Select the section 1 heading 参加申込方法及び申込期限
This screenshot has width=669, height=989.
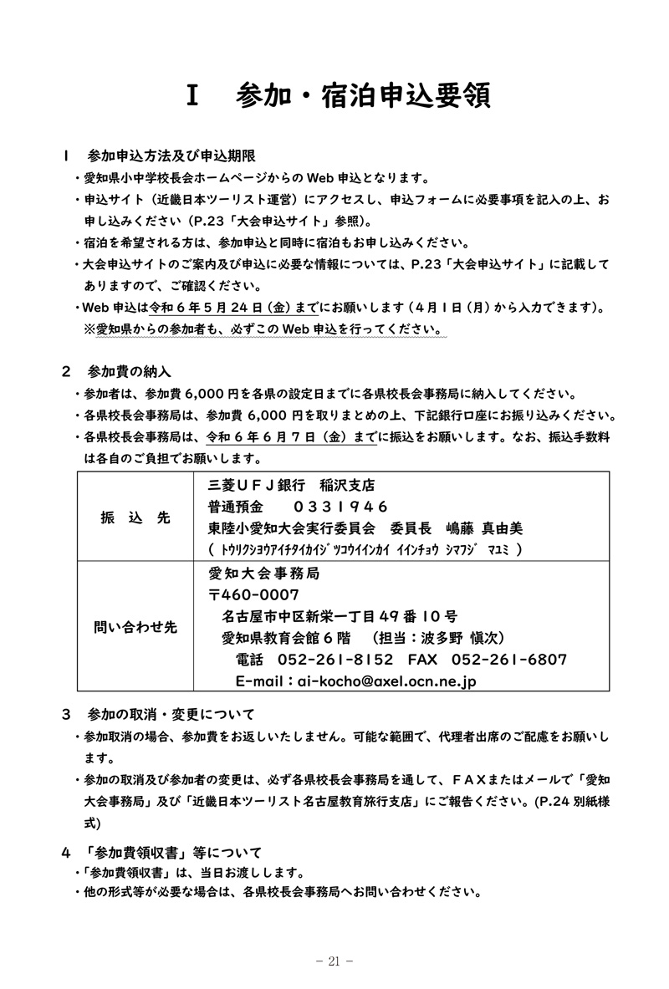click(x=171, y=155)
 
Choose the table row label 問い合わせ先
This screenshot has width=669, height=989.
click(x=135, y=627)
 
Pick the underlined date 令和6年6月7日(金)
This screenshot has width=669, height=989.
click(x=283, y=437)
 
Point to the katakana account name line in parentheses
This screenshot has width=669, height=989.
click(x=367, y=549)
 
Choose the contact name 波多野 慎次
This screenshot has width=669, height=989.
click(x=462, y=638)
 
